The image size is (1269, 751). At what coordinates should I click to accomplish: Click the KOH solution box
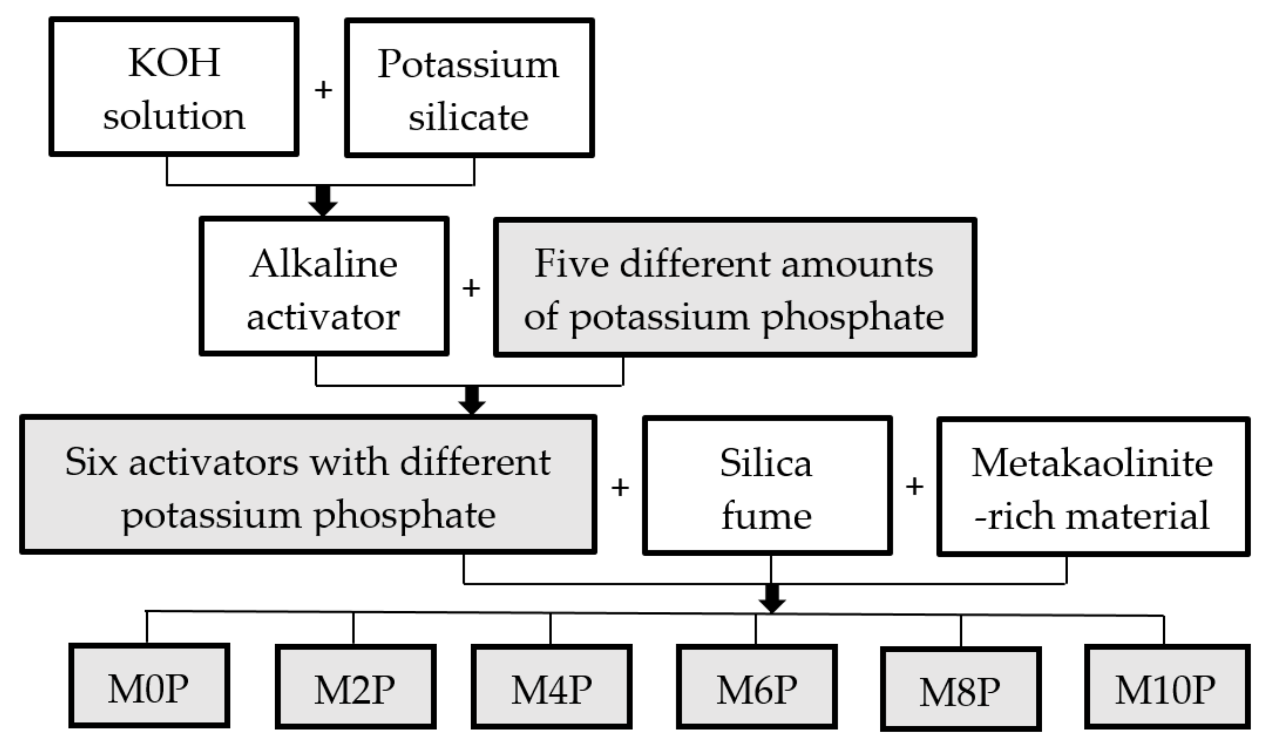click(x=174, y=87)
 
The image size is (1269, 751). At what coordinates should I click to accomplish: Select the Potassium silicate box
click(x=469, y=88)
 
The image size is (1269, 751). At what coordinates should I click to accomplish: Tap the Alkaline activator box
click(x=324, y=286)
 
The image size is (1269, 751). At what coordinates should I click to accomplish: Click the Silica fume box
click(x=767, y=486)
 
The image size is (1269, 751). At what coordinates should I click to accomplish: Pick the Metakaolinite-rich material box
click(x=1093, y=487)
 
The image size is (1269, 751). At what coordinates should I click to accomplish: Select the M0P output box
click(x=149, y=686)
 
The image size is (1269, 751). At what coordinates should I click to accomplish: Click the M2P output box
click(x=355, y=687)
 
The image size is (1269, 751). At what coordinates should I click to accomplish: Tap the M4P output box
click(x=552, y=687)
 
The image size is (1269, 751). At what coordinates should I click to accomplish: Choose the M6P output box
click(x=757, y=687)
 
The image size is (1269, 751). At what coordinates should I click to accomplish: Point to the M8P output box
click(x=960, y=689)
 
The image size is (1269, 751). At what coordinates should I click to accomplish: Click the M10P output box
click(x=1166, y=687)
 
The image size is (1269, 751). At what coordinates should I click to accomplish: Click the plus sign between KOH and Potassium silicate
click(x=323, y=91)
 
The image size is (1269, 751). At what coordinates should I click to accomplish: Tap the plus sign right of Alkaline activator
click(x=471, y=288)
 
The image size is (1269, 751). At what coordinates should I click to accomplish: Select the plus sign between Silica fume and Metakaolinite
click(x=914, y=486)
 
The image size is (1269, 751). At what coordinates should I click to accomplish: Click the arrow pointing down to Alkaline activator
click(x=323, y=201)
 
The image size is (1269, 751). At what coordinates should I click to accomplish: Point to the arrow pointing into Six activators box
click(x=472, y=400)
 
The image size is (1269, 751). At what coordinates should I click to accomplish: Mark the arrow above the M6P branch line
click(x=772, y=598)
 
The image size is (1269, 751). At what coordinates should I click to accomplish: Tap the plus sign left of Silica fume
click(x=620, y=488)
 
